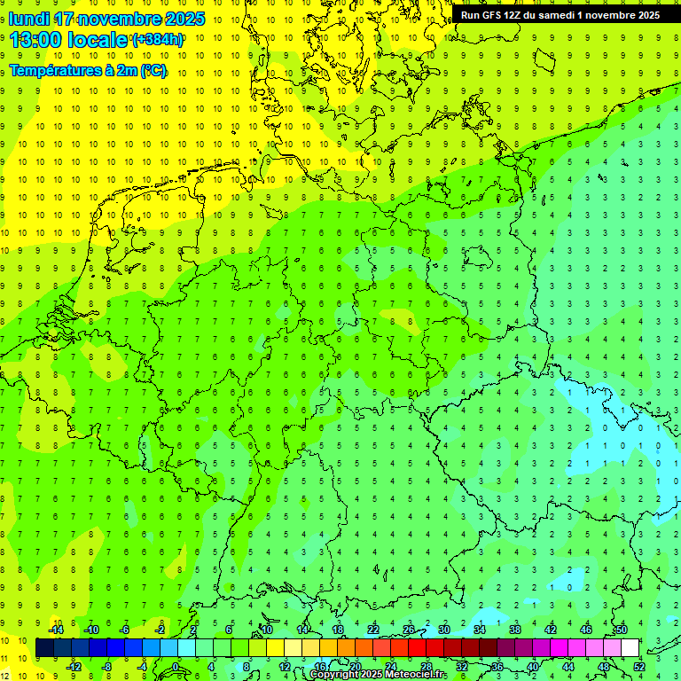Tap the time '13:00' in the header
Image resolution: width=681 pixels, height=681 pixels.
pyautogui.click(x=40, y=40)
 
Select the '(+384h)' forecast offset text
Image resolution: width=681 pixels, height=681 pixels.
pyautogui.click(x=158, y=40)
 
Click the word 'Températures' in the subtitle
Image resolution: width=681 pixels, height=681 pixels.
pyautogui.click(x=54, y=71)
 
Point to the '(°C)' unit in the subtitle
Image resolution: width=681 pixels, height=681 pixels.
pyautogui.click(x=152, y=71)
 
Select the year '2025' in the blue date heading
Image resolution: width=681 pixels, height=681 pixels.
pyautogui.click(x=184, y=19)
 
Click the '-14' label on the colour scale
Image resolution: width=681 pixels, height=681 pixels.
pyautogui.click(x=56, y=630)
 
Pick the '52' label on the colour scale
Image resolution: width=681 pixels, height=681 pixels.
pyautogui.click(x=639, y=667)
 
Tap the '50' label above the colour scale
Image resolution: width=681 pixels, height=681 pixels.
pyautogui.click(x=621, y=630)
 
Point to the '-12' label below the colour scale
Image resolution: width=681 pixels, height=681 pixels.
pyautogui.click(x=74, y=667)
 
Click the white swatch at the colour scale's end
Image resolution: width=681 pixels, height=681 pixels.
pyautogui.click(x=630, y=648)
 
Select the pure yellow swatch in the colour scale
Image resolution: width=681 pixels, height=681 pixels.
pyautogui.click(x=275, y=648)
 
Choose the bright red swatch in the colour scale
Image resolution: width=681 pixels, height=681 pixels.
pyautogui.click(x=417, y=648)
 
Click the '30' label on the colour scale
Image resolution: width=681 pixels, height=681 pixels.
pyautogui.click(x=443, y=630)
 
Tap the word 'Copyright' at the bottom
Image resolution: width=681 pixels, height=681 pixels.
pyautogui.click(x=335, y=675)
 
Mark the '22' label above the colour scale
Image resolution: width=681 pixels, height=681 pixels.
pyautogui.click(x=373, y=630)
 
